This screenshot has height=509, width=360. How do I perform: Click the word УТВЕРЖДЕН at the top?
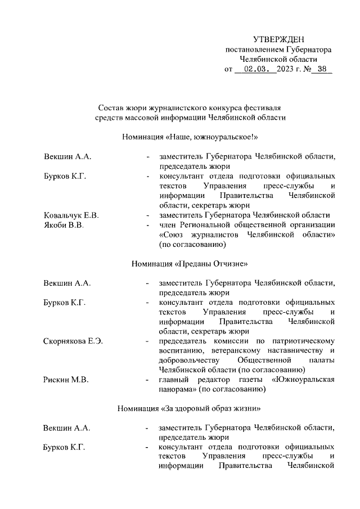coord(278,39)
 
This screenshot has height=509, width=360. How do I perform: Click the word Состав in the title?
coord(111,107)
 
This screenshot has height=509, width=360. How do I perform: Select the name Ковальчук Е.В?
coord(71,215)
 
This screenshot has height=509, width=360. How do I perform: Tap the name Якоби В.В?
coord(64,226)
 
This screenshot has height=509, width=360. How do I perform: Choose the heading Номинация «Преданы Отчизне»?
coord(190,263)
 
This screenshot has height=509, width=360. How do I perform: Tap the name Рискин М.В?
coord(66,380)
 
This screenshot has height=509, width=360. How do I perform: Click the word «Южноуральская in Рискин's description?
coord(303,380)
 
